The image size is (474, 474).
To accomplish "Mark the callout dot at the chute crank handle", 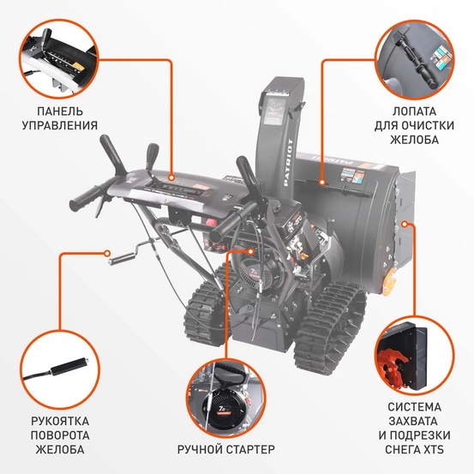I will point(109,253).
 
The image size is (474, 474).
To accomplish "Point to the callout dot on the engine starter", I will point(250,251).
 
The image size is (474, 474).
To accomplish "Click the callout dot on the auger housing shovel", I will point(321,181).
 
